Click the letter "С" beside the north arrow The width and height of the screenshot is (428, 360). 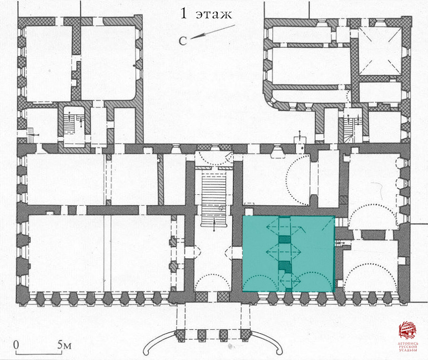tap(183, 41)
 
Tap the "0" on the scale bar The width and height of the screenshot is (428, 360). tap(16, 344)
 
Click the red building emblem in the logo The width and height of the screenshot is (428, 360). tap(407, 329)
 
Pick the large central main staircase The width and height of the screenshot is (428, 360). tap(214, 193)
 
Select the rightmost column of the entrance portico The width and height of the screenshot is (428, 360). tap(245, 336)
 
